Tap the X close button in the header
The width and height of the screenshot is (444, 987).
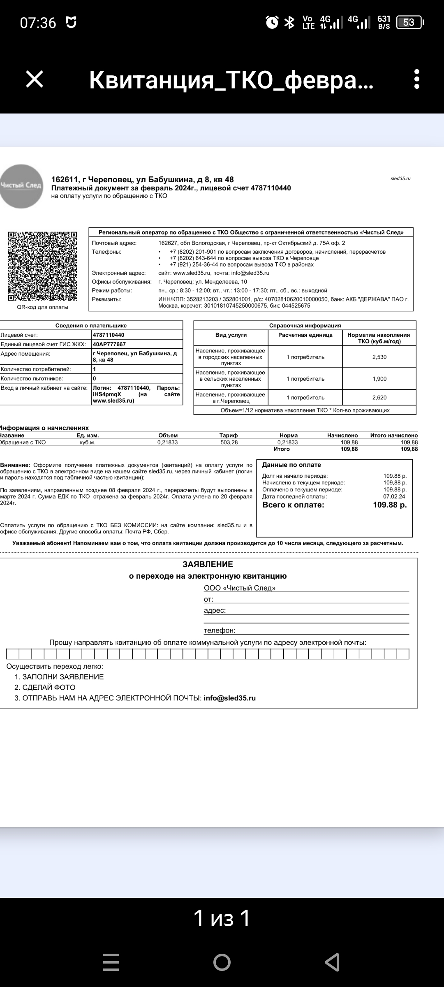tap(35, 79)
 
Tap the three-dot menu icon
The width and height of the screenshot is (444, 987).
tap(416, 79)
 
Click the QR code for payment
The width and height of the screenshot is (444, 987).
tap(42, 266)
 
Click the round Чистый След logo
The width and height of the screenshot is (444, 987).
tap(21, 186)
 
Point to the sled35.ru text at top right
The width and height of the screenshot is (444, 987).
tap(400, 178)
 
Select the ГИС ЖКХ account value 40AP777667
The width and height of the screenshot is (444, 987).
tap(109, 344)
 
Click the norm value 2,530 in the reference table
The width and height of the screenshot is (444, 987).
tap(379, 357)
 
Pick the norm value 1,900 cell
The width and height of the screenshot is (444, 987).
tap(379, 379)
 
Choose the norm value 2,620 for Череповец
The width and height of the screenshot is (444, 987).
tap(379, 398)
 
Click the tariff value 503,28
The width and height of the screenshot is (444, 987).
tap(229, 443)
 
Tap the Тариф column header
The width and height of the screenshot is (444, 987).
tap(229, 436)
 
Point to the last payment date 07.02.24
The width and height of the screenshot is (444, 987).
tap(394, 496)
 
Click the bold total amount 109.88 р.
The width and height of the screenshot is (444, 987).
tap(389, 505)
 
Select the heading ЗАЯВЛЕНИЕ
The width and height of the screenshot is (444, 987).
tap(208, 564)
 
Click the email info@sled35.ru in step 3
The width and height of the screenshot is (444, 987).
tap(229, 698)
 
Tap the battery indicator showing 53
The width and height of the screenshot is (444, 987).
tap(409, 22)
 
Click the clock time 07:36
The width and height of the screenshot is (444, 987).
tap(38, 23)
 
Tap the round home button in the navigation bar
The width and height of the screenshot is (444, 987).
tap(222, 962)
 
